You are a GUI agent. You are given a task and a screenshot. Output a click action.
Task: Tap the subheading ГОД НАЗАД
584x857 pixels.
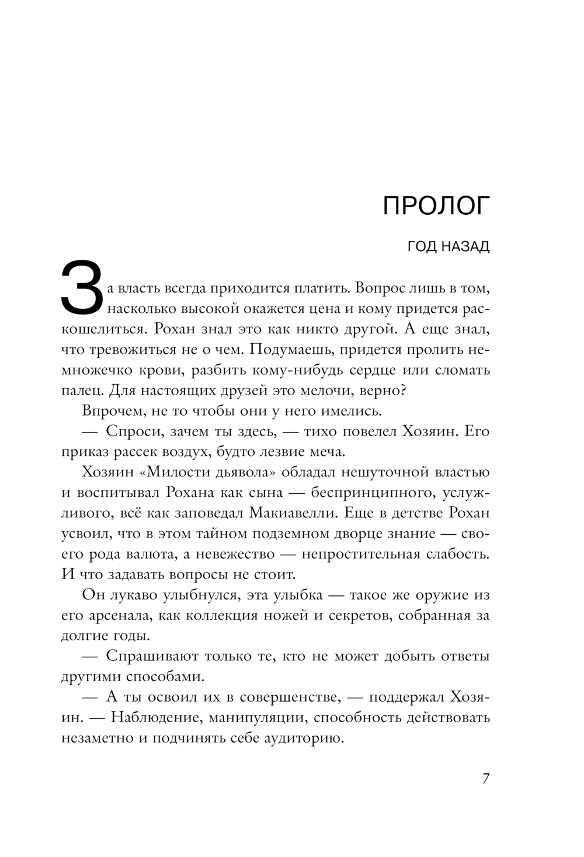tap(449, 246)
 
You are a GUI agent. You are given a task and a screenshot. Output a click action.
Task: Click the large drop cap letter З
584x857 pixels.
tap(82, 287)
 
